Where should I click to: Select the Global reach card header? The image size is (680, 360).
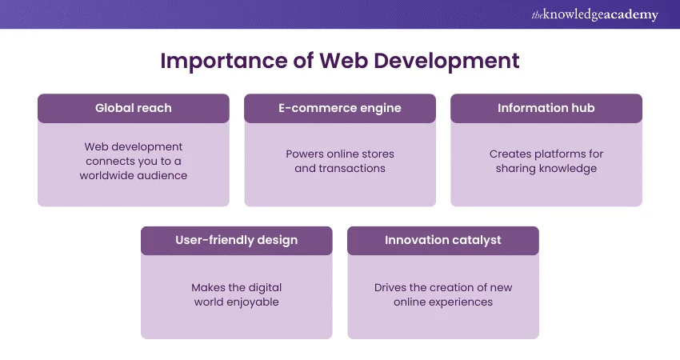coord(134,108)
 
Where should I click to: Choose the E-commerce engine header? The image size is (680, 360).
coord(340,108)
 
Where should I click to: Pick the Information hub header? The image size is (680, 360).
coord(546,108)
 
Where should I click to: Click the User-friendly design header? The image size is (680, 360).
coord(237,240)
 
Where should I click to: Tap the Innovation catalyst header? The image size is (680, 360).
coord(443,240)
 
